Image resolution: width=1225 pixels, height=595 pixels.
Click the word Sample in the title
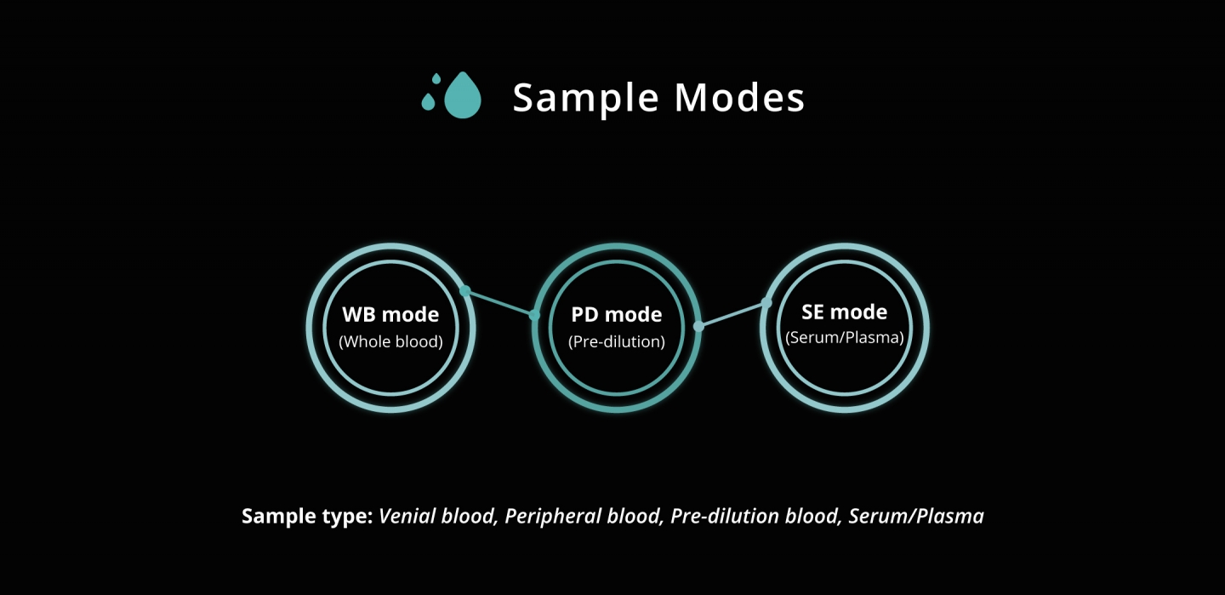pos(585,99)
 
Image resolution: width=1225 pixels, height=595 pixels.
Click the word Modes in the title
pos(739,97)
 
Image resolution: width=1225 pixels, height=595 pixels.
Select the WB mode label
pos(390,314)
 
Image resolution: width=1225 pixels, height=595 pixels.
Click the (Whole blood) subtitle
pos(390,341)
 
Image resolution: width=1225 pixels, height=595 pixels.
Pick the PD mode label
pos(616,314)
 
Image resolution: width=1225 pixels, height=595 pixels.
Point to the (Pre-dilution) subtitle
pos(616,341)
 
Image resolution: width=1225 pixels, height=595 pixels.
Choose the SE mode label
pos(845,312)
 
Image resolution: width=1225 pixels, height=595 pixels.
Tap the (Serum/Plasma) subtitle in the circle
pos(845,337)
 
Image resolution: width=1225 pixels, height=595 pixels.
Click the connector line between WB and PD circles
pos(500,303)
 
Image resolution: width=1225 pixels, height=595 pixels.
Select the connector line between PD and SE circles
pos(732,315)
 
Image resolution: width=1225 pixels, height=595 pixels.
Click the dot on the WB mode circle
pos(464,290)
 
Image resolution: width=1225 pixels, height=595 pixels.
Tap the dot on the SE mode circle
pos(766,303)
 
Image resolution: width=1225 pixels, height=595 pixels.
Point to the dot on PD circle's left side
pos(534,315)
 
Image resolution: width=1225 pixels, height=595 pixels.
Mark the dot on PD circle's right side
pos(698,327)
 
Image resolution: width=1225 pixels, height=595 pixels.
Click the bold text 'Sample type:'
pos(307,516)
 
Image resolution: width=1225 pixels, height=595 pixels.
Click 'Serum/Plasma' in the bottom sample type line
pos(916,516)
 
